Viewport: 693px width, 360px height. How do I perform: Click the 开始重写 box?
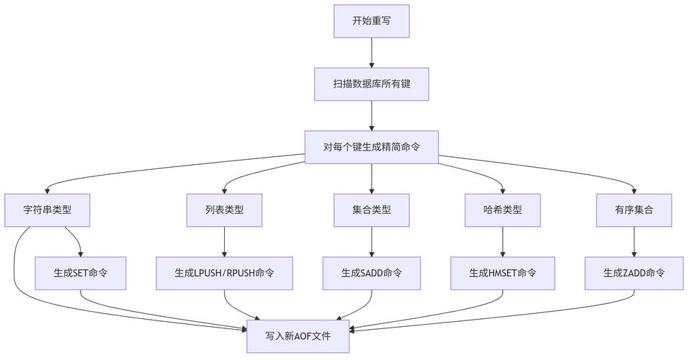[x=371, y=21]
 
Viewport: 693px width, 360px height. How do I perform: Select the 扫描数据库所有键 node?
[x=371, y=84]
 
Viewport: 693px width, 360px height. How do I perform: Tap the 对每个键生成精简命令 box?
[x=371, y=147]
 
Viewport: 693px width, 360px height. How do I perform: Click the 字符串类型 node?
[x=48, y=210]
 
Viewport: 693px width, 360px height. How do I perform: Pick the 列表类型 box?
[x=224, y=210]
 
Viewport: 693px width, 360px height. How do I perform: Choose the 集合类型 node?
[x=371, y=210]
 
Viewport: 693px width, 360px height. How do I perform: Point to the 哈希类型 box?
[x=502, y=210]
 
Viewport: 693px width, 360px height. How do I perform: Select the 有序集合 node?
[x=634, y=210]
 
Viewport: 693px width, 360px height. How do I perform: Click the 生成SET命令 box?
[x=81, y=274]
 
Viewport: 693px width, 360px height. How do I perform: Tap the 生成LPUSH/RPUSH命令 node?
[x=224, y=274]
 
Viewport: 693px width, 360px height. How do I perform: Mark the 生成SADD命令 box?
[x=371, y=274]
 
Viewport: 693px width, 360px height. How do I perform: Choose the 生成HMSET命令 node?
[x=502, y=274]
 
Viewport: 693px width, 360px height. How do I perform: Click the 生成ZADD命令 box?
[x=634, y=274]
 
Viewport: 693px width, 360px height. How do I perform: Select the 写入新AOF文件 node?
[x=298, y=336]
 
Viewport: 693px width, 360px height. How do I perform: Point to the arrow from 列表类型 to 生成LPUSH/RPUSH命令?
[x=224, y=242]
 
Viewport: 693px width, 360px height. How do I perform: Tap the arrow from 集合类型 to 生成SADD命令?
[x=371, y=242]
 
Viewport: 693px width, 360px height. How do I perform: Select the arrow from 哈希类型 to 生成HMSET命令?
[x=502, y=242]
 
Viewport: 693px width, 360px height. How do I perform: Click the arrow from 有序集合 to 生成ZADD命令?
[x=634, y=242]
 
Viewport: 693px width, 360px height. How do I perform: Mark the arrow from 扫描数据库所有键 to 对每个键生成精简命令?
[x=371, y=115]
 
